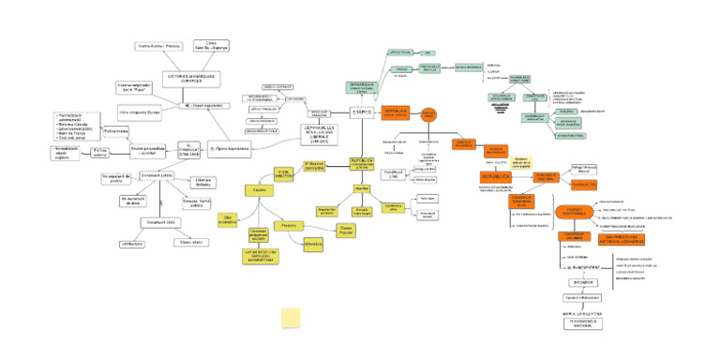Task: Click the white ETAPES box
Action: pos(363,112)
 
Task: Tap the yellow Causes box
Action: pos(260,191)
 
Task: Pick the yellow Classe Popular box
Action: pos(346,228)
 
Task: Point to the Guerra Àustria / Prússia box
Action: pos(159,45)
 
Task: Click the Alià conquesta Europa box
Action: pos(140,112)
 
